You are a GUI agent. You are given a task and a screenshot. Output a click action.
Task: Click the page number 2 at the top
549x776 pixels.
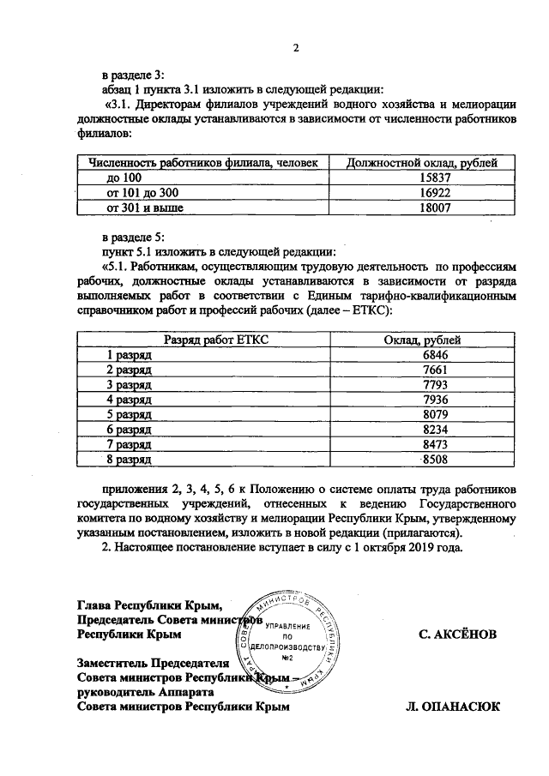coord(294,48)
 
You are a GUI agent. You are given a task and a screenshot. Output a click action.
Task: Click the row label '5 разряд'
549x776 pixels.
coord(129,414)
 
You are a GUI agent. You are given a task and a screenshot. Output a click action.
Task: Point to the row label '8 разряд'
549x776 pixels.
coord(129,460)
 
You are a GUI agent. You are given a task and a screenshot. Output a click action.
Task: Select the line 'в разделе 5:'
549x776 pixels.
coord(131,236)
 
